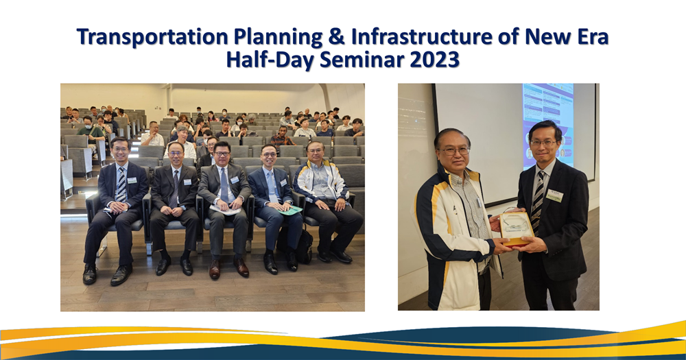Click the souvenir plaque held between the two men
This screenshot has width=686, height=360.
coord(516,227)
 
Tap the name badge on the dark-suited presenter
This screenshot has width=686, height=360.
coord(555,195)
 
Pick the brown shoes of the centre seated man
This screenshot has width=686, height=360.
coord(228,269)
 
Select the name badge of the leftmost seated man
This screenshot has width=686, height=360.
coord(132,180)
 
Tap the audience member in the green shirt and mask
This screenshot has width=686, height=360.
coord(90,130)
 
